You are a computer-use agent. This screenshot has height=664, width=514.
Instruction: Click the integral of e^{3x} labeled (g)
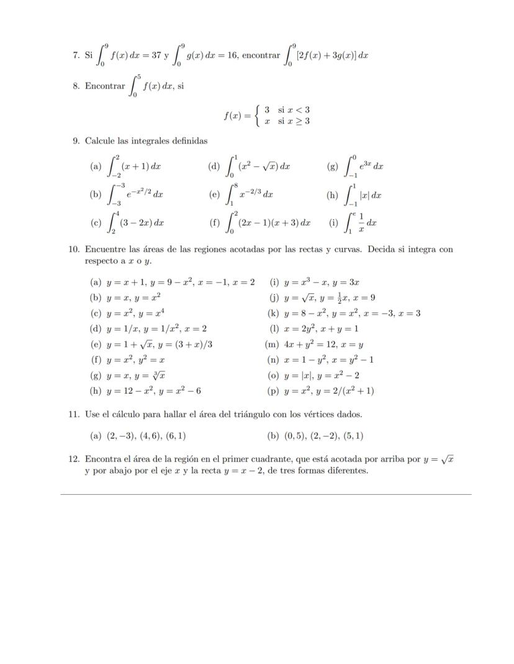(x=363, y=166)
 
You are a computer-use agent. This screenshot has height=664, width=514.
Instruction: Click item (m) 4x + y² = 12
(x=323, y=344)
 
